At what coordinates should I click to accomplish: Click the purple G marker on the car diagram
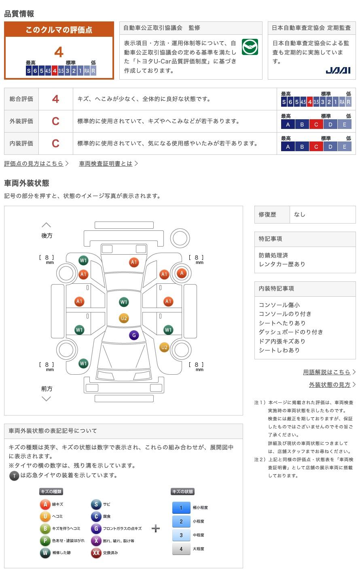pyautogui.click(x=134, y=335)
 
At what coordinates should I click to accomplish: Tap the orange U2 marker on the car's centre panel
pyautogui.click(x=124, y=319)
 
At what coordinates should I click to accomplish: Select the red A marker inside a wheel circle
pyautogui.click(x=182, y=273)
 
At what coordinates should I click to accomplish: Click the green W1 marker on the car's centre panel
pyautogui.click(x=124, y=302)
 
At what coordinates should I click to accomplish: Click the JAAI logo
pyautogui.click(x=338, y=70)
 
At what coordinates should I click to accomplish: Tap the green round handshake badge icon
pyautogui.click(x=250, y=47)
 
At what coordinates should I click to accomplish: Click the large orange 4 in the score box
pyautogui.click(x=59, y=52)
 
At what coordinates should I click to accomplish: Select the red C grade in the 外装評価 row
pyautogui.click(x=55, y=121)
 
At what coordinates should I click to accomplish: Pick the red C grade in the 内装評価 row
pyautogui.click(x=55, y=143)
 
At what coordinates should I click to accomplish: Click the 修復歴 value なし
pyautogui.click(x=300, y=215)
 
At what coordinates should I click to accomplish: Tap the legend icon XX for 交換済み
pyautogui.click(x=96, y=553)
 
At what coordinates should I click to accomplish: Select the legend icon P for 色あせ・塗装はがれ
pyautogui.click(x=45, y=540)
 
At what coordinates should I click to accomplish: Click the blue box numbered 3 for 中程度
pyautogui.click(x=181, y=535)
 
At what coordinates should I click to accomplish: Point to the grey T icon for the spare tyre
pyautogui.click(x=14, y=476)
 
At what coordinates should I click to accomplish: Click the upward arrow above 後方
pyautogui.click(x=47, y=225)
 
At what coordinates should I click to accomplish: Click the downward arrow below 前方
pyautogui.click(x=47, y=399)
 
